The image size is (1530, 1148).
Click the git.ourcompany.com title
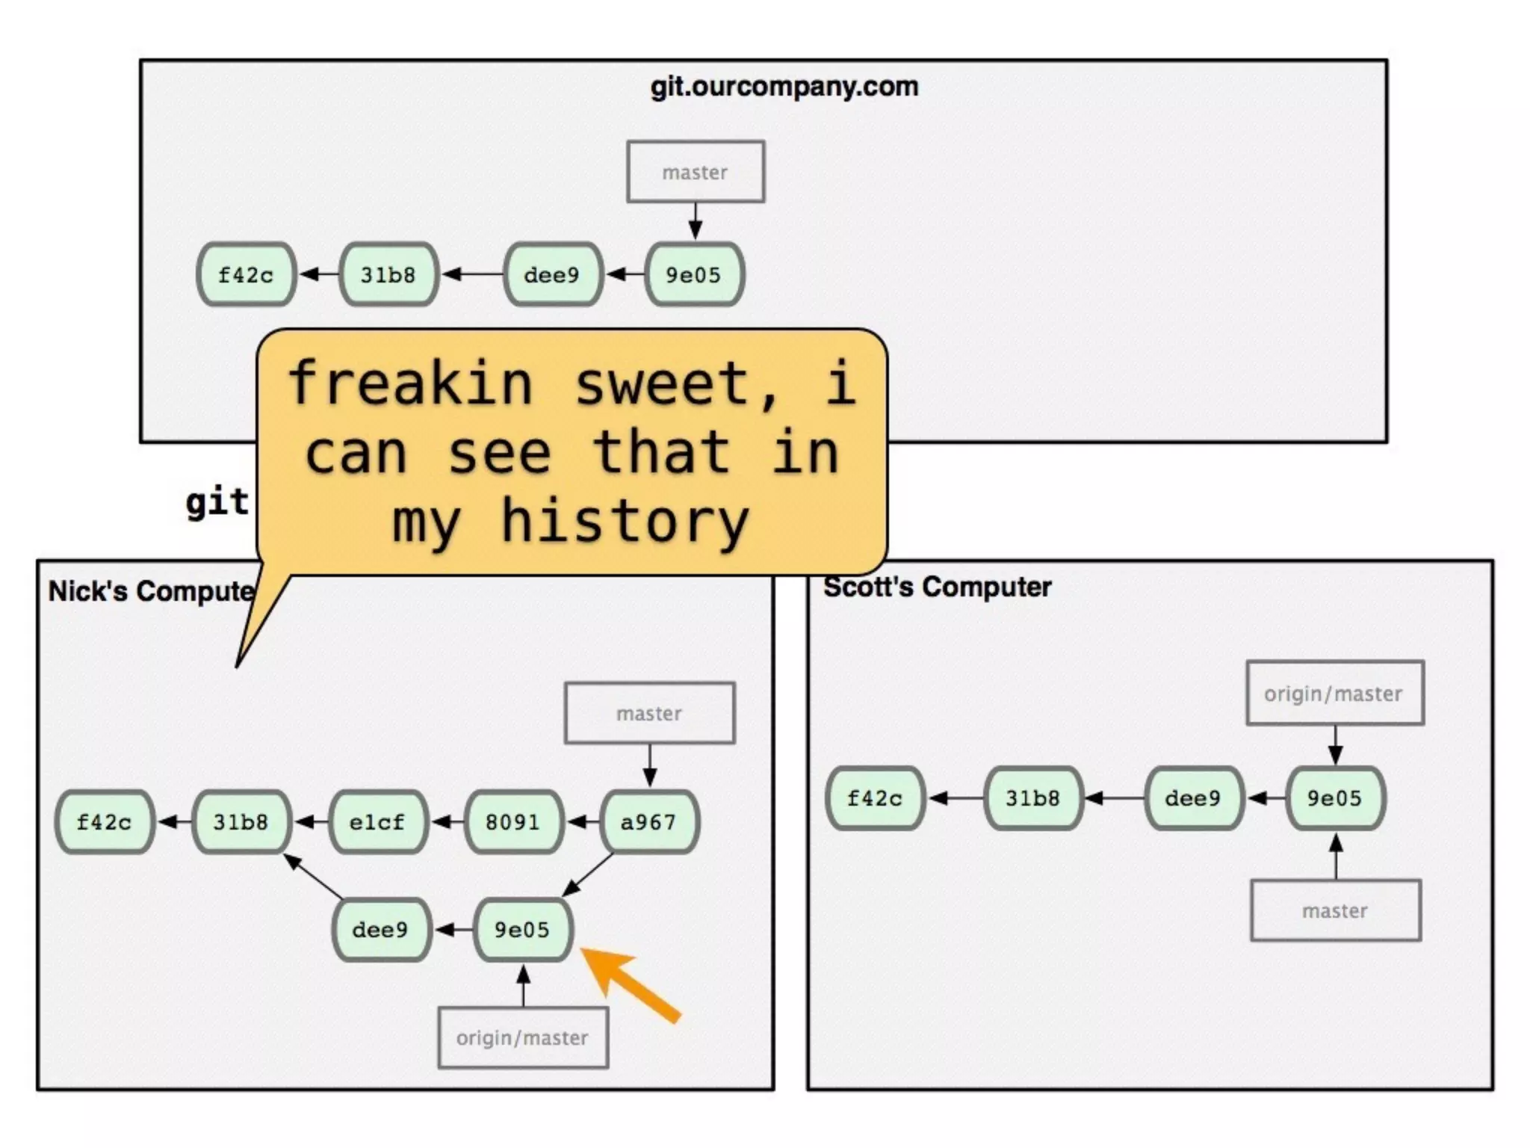[784, 87]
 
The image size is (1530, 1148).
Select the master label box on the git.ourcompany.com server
[695, 172]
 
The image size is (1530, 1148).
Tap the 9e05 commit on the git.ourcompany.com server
[694, 274]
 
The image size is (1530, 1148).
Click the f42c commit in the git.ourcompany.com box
[246, 274]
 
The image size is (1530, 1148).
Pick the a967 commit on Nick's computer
[648, 822]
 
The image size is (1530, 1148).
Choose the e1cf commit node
[377, 822]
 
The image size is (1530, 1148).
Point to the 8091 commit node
[512, 822]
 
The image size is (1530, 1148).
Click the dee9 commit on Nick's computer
[380, 930]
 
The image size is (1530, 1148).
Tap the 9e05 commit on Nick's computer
[522, 930]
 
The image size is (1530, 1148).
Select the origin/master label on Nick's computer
[522, 1037]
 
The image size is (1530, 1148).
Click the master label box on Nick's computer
[649, 713]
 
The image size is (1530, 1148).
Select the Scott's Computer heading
[937, 587]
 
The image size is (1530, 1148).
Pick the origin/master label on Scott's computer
[1334, 694]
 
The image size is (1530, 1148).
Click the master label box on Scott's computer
[1335, 910]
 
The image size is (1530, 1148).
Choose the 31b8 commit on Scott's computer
[1032, 798]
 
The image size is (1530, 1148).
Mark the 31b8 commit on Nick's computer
[241, 822]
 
